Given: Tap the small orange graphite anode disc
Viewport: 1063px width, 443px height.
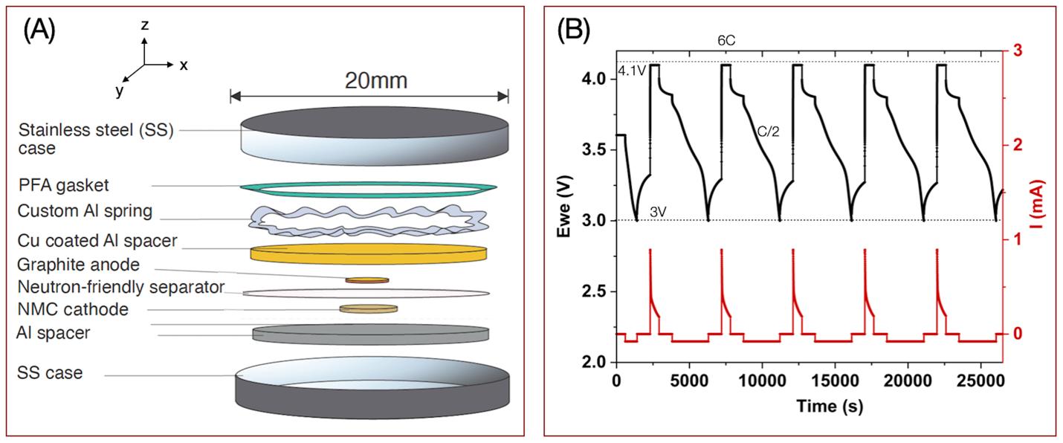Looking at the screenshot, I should [366, 280].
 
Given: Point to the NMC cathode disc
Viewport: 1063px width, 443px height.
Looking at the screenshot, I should [368, 308].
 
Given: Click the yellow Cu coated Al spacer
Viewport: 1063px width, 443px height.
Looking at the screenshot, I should [369, 252].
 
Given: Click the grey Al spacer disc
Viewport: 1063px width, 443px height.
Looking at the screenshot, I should [370, 333].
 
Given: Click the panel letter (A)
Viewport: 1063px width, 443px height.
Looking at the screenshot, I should [39, 30].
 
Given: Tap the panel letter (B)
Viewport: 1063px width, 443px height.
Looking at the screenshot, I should [573, 30].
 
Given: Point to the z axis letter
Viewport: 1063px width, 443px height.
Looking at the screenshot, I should [145, 25].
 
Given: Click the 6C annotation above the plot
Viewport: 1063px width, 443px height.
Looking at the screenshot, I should [727, 41].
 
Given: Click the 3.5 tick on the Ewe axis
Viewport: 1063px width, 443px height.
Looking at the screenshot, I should [595, 149].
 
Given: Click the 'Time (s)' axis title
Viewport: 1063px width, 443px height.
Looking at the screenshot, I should [810, 407].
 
